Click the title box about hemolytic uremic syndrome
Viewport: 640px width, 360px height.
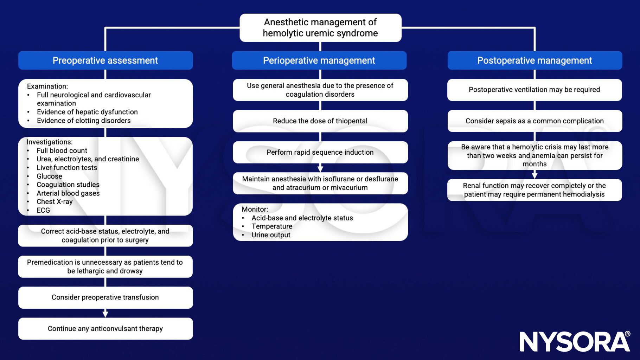tap(320, 28)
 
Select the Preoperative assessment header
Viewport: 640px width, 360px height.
tap(105, 60)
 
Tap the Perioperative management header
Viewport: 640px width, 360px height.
tap(319, 60)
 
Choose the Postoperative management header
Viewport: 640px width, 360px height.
tap(535, 60)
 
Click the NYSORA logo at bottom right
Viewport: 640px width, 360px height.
tap(575, 341)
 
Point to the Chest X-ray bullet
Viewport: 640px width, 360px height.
tap(55, 202)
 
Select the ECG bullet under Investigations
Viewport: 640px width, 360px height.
tap(43, 210)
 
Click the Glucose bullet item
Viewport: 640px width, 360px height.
tap(49, 176)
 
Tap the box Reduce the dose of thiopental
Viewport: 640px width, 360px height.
tap(320, 121)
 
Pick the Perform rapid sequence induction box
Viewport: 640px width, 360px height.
tap(320, 152)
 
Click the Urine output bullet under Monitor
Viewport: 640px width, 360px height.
tap(271, 235)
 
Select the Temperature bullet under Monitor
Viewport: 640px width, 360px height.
tap(272, 226)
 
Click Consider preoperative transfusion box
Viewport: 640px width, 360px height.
tap(105, 297)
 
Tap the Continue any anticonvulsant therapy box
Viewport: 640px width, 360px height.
tap(105, 329)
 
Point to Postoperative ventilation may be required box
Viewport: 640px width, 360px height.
tap(535, 90)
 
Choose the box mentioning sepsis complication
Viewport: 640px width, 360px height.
tap(535, 121)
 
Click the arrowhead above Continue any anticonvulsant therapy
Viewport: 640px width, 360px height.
tap(105, 314)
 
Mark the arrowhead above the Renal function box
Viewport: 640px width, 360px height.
tap(535, 175)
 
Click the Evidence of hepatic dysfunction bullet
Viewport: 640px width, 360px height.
tap(87, 112)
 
